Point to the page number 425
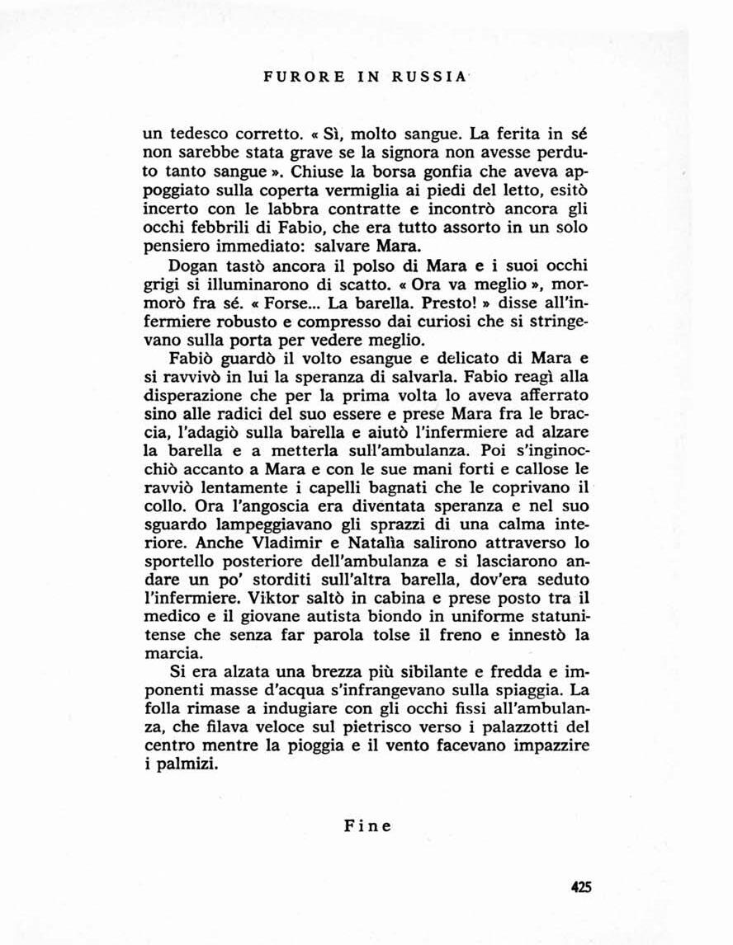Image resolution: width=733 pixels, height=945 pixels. point(582,887)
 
